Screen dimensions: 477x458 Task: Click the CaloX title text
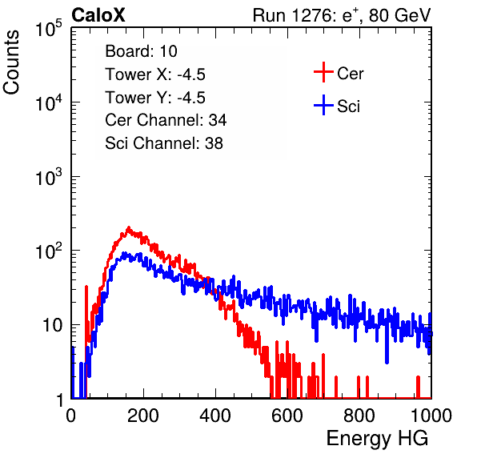tap(98, 15)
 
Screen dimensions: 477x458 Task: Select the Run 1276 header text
tap(342, 15)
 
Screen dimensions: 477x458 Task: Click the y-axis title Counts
tap(11, 62)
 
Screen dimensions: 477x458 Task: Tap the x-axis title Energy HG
tap(377, 439)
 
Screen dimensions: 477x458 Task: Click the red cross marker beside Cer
tap(323, 72)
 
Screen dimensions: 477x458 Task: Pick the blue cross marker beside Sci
tap(323, 105)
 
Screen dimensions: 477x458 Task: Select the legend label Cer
tap(350, 74)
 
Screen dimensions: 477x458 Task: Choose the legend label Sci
tap(349, 106)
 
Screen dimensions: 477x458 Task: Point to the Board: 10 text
tap(141, 51)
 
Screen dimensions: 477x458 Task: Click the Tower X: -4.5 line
tap(155, 74)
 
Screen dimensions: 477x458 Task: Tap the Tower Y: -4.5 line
tap(155, 98)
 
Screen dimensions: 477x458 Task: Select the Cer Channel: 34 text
tap(166, 120)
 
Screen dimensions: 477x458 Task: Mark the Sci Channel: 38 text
tap(164, 143)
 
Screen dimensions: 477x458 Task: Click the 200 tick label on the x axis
tap(143, 416)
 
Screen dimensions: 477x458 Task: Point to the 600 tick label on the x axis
tap(287, 416)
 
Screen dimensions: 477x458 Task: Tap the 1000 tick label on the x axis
tap(431, 416)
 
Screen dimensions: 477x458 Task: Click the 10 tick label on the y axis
tap(52, 325)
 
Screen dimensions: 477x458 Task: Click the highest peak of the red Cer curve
tap(128, 227)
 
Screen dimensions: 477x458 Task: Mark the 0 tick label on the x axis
tap(71, 416)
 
